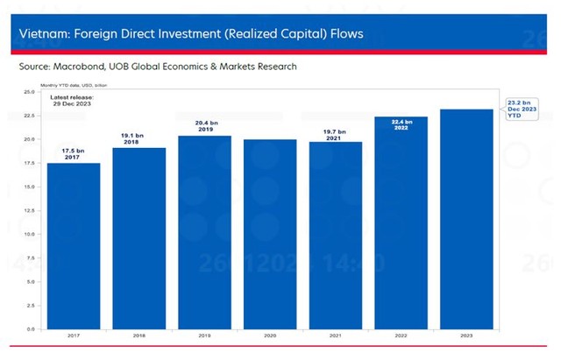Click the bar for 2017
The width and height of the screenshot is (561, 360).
point(73,245)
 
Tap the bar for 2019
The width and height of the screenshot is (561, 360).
point(204,232)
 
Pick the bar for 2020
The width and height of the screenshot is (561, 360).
point(269,234)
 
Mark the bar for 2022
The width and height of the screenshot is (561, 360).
point(401,222)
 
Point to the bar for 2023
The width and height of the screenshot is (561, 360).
point(466,219)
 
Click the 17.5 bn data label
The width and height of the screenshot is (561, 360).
point(73,155)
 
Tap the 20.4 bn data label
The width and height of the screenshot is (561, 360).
point(204,126)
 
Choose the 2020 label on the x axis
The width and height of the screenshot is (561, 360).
point(269,336)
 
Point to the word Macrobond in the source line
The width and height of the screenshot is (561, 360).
point(84,66)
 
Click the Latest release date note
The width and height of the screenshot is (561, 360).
point(72,100)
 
